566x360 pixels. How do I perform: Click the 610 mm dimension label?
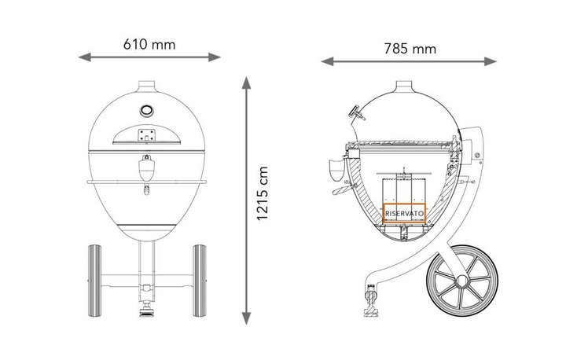tap(149, 45)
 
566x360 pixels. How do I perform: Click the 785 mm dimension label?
tap(410, 49)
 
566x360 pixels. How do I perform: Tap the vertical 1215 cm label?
tap(263, 193)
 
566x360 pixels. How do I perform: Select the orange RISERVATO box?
tap(404, 213)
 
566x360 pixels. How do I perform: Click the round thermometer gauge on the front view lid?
tap(146, 110)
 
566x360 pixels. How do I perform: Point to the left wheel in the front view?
tap(94, 281)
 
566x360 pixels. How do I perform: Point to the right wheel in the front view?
tap(200, 281)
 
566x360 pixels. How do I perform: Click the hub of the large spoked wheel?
tap(462, 281)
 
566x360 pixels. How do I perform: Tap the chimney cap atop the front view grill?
tap(147, 86)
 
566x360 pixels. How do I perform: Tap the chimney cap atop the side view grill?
tap(404, 86)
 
